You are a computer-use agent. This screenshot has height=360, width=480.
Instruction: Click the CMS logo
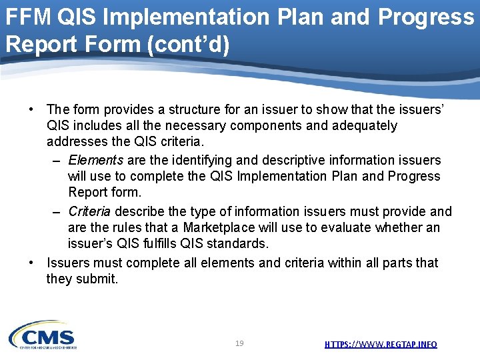43,335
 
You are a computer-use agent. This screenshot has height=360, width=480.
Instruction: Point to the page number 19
239,343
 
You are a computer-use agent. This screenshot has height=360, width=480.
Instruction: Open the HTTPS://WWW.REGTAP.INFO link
381,344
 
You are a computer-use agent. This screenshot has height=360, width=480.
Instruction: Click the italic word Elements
95,160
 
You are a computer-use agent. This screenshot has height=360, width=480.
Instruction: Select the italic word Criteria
90,211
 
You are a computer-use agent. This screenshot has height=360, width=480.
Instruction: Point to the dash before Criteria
57,211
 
